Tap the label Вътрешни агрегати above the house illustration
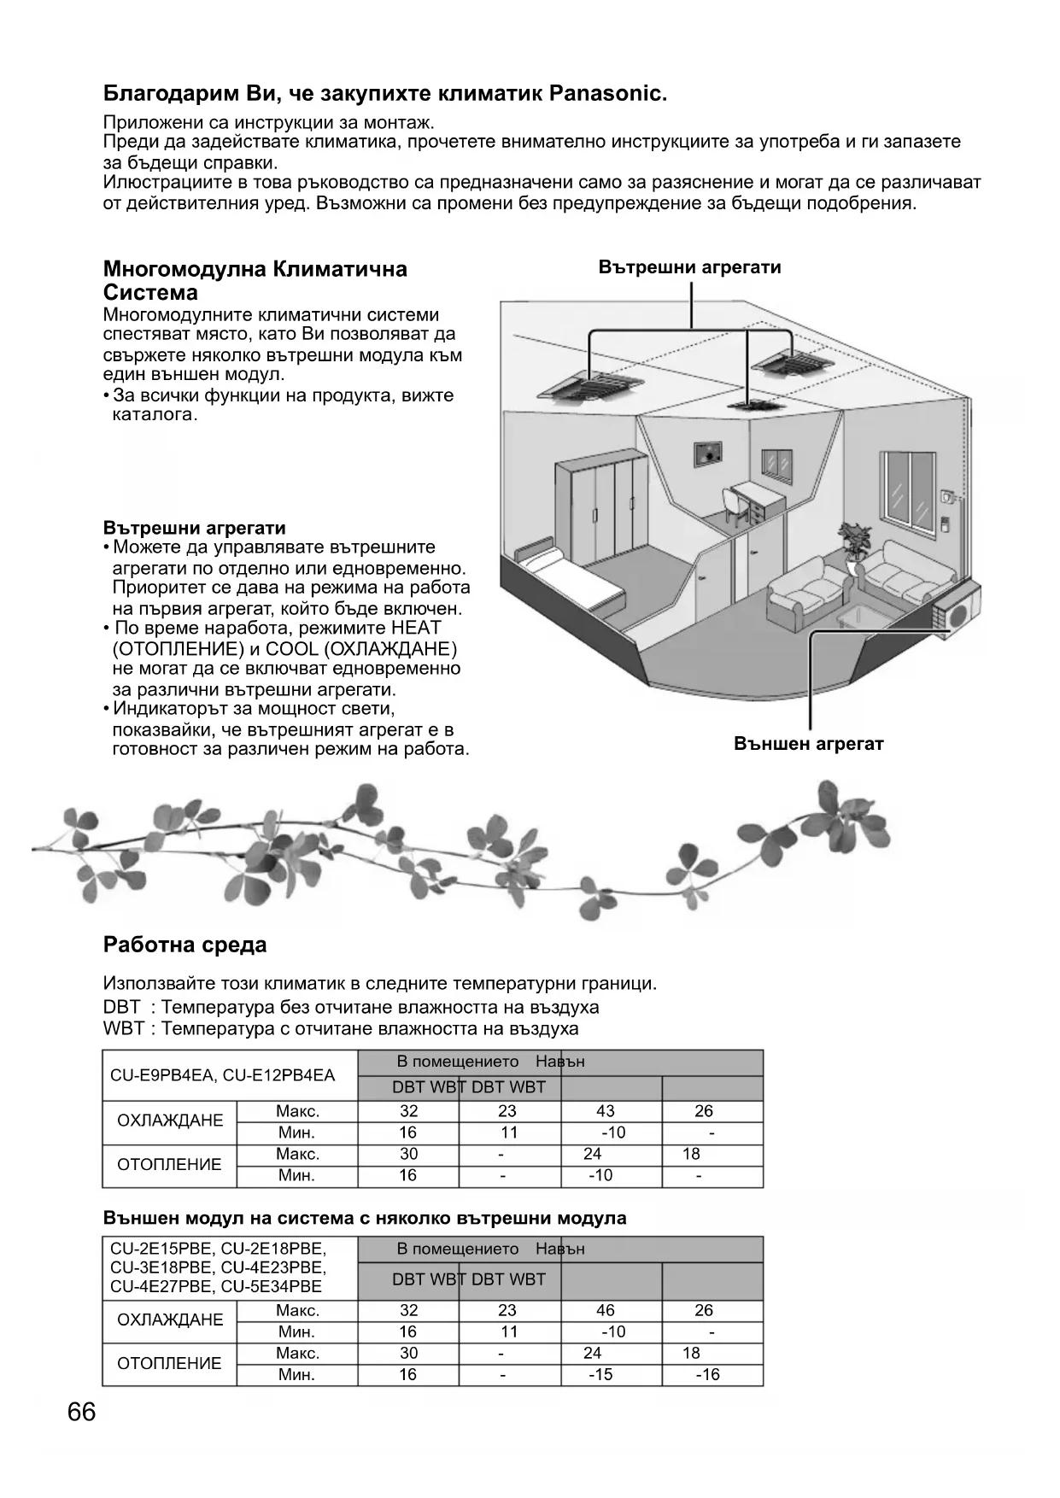click(689, 267)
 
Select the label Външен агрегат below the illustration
click(808, 743)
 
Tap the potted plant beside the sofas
click(854, 541)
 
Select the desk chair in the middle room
click(735, 505)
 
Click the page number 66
click(82, 1412)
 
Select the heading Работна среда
click(184, 945)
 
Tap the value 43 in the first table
click(605, 1111)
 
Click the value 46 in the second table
click(605, 1310)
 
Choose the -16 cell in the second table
click(707, 1374)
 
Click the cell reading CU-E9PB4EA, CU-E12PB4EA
click(223, 1075)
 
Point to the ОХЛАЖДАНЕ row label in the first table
click(169, 1121)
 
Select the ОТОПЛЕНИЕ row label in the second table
click(169, 1363)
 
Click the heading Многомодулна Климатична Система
click(255, 281)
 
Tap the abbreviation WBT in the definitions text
click(123, 1028)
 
